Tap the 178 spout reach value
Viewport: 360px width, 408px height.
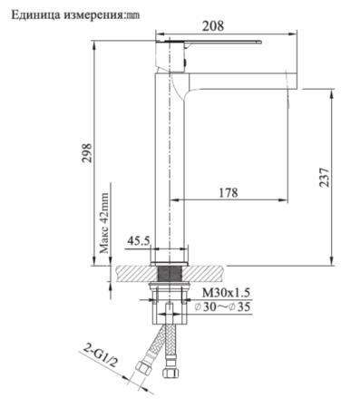point(230,190)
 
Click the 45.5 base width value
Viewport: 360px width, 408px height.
point(139,242)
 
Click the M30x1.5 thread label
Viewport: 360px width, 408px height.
point(225,293)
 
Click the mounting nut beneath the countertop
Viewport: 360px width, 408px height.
point(171,292)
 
